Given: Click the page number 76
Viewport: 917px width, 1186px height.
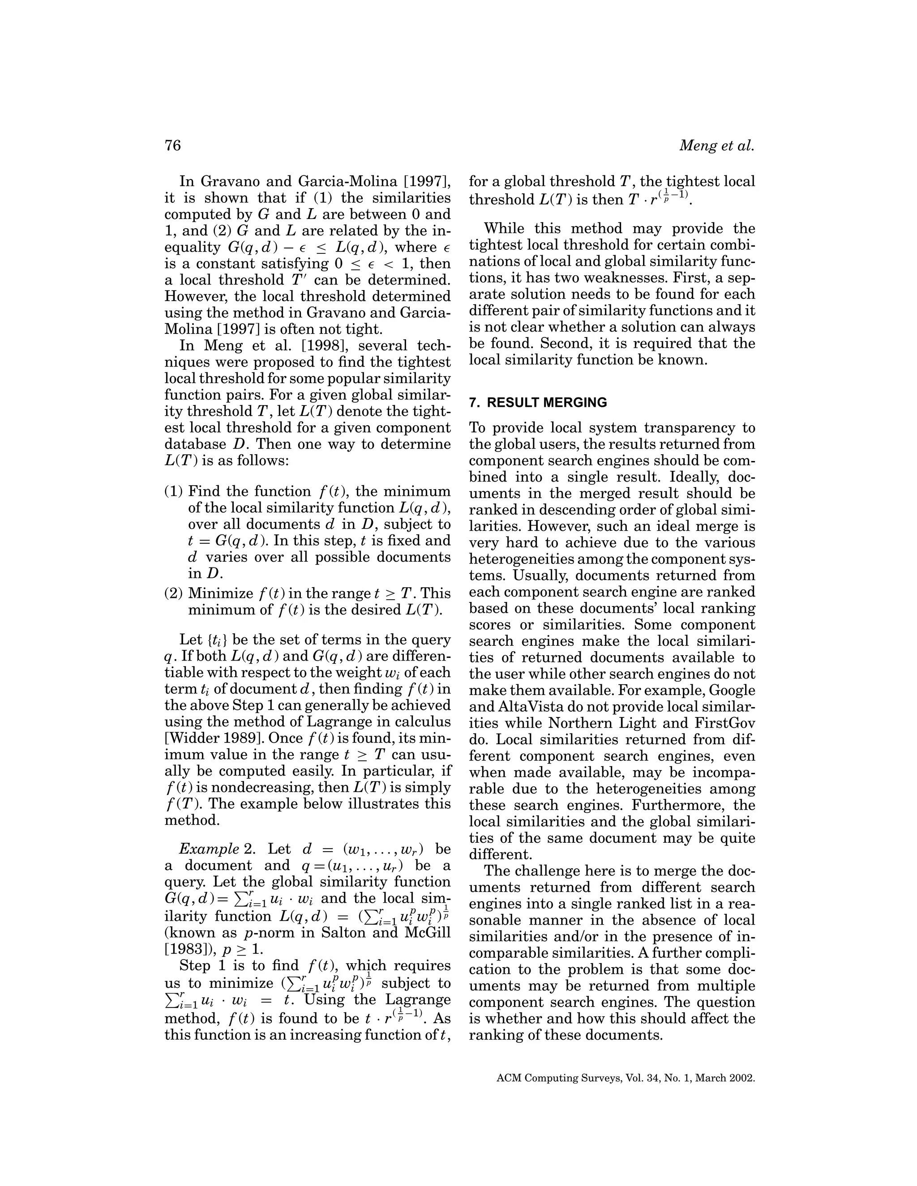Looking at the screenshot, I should (172, 145).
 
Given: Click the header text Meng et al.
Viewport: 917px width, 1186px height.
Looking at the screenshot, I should (717, 145).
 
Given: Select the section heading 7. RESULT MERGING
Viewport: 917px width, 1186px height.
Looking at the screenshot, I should (538, 402).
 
